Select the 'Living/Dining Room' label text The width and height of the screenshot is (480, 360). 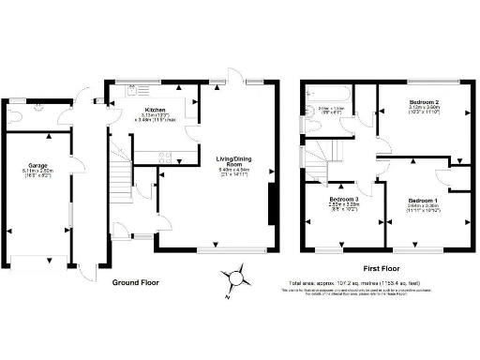point(238,160)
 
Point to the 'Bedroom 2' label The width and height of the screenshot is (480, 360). point(425,100)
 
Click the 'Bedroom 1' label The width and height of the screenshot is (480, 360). point(422,199)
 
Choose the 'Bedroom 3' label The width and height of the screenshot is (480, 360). point(344,199)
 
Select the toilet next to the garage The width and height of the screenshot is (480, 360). point(16,116)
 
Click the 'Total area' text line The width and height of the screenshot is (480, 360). point(359,282)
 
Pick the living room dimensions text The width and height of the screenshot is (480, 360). point(238,171)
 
